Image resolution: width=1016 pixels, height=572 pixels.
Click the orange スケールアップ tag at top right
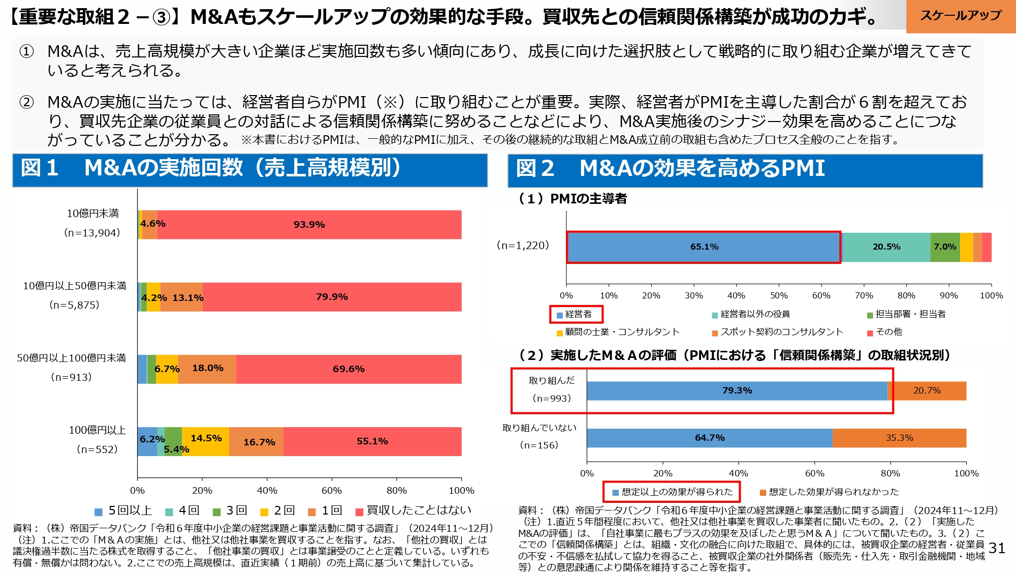point(960,16)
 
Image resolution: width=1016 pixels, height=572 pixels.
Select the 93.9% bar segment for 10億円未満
point(309,224)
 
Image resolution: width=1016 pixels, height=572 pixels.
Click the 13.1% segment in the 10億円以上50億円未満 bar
point(182,297)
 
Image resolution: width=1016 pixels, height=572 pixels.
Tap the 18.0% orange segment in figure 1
point(207,369)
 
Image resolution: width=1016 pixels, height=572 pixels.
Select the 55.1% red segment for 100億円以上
point(372,441)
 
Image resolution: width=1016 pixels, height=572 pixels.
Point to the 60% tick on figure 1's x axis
point(332,491)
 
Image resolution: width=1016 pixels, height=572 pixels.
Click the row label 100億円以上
point(97,430)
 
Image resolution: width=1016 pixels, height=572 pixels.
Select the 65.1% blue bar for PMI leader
point(704,247)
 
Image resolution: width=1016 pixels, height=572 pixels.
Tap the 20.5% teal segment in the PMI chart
point(886,247)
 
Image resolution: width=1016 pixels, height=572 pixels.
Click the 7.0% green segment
point(945,247)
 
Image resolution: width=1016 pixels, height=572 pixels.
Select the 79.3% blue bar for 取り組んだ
point(737,390)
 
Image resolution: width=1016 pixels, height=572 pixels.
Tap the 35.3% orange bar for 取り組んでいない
point(899,438)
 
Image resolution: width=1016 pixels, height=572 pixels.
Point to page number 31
point(997,548)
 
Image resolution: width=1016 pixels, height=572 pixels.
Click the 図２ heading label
point(535,169)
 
